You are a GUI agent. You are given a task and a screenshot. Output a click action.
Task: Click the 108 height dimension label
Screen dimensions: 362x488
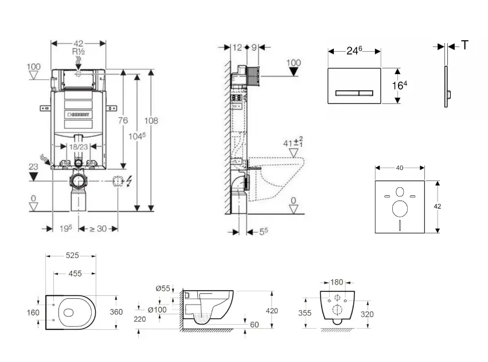coord(151,121)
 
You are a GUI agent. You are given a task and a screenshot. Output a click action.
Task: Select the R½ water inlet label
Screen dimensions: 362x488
coord(78,52)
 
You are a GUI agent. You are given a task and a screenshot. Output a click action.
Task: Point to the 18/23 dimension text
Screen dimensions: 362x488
coord(79,147)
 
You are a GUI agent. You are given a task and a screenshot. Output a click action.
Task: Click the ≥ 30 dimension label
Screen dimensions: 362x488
coord(97,228)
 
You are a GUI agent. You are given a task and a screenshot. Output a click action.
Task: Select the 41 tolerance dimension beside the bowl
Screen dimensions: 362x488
coord(292,143)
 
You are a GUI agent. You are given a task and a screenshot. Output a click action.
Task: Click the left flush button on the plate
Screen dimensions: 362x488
coord(346,92)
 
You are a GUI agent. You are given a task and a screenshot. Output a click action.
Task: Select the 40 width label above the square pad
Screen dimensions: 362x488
coord(400,168)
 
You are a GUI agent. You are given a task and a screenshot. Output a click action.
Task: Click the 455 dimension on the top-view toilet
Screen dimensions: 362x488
coord(75,274)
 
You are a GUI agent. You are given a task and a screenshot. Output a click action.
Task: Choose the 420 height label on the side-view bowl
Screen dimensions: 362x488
coord(272,311)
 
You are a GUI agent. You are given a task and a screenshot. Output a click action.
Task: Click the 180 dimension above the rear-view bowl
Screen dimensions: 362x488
coord(337,282)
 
